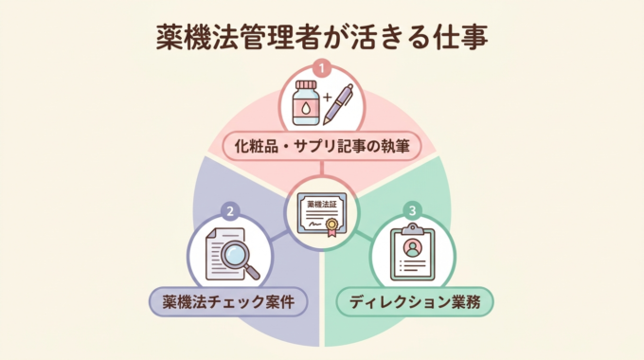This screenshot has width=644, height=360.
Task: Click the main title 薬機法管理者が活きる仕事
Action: point(322,37)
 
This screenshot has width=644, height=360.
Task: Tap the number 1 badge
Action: point(322,69)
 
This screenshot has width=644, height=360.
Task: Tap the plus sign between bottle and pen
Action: point(325,98)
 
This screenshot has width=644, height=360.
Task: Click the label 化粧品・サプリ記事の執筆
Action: point(322,148)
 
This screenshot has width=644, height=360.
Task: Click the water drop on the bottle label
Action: point(305,111)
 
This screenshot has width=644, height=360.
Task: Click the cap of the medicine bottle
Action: point(305,86)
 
